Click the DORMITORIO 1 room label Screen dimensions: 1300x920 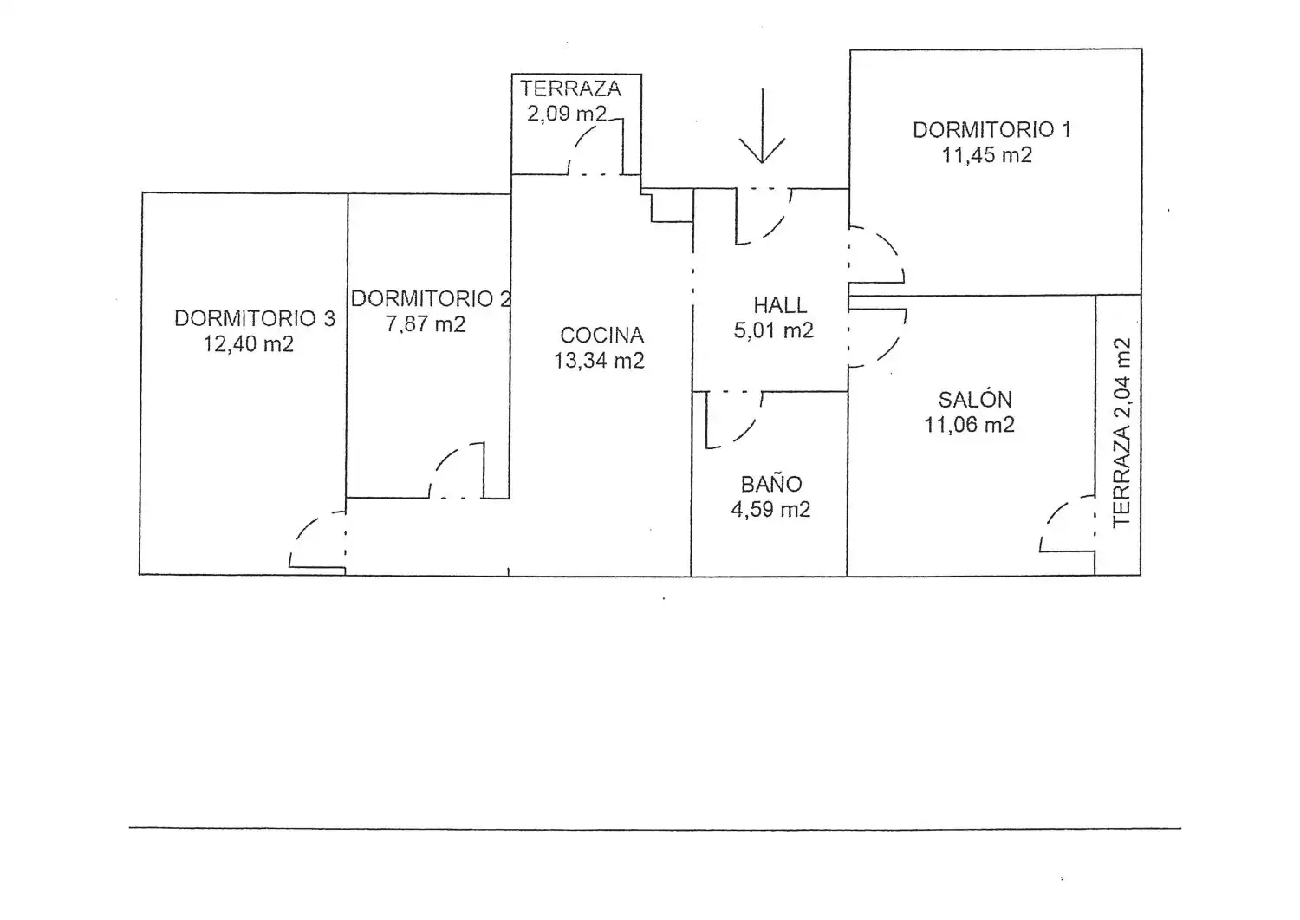(991, 129)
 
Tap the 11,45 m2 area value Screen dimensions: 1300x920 (986, 155)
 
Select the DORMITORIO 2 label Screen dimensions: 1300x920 (431, 298)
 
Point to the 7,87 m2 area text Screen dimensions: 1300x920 (426, 324)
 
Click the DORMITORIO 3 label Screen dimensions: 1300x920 (255, 318)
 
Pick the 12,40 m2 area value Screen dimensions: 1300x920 (248, 344)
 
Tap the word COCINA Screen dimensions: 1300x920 (601, 335)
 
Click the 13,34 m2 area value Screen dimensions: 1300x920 (599, 361)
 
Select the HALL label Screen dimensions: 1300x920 (780, 305)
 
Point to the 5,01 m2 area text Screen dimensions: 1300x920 (774, 330)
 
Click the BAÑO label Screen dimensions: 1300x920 (771, 484)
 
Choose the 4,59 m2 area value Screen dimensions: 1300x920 (770, 509)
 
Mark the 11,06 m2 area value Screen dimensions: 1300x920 (969, 425)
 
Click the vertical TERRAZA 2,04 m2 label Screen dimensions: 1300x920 (1121, 433)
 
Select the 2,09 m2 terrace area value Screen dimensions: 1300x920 (567, 114)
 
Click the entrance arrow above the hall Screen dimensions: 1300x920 (762, 126)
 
